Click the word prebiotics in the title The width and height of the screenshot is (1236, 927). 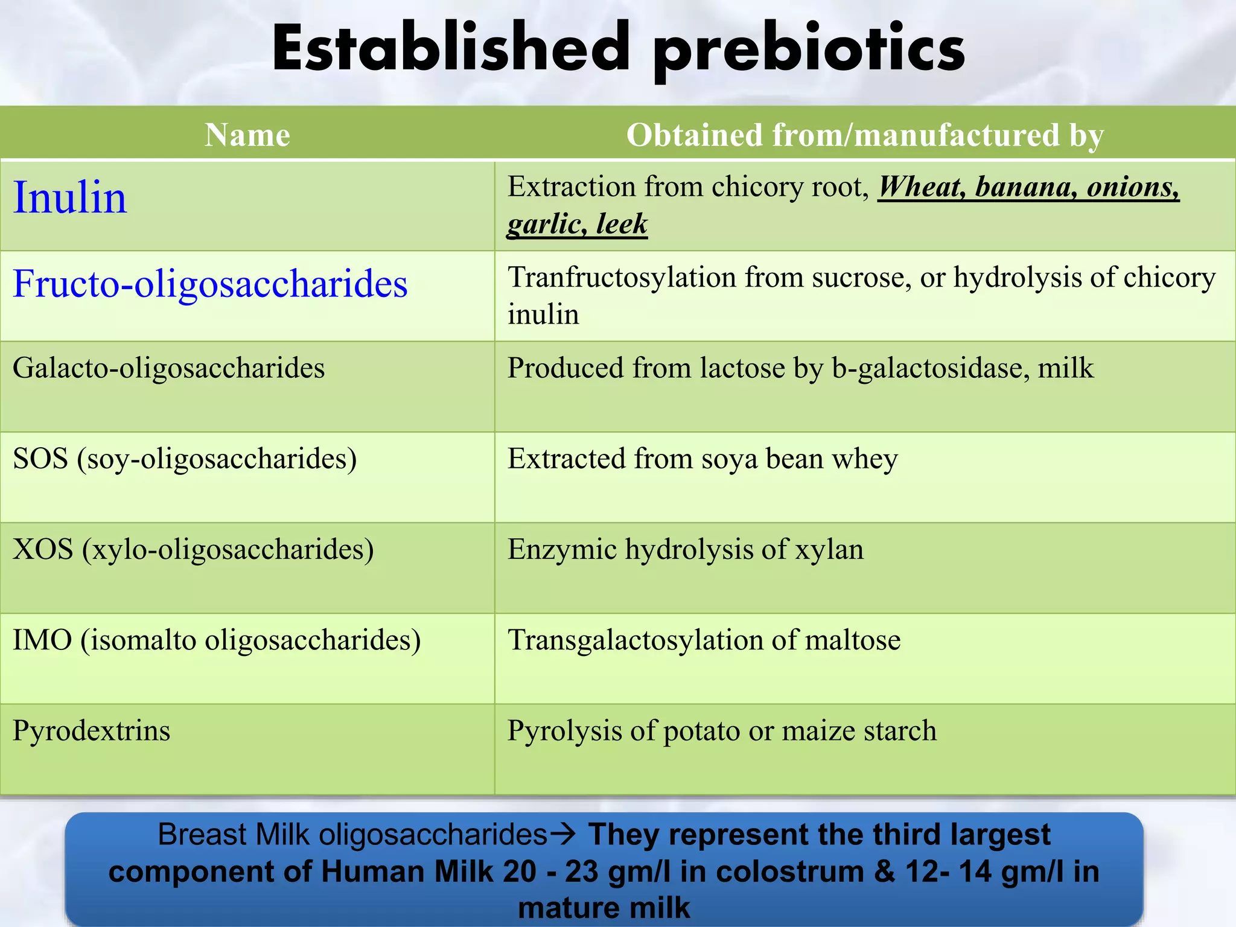click(809, 51)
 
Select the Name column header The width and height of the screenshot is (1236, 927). click(247, 135)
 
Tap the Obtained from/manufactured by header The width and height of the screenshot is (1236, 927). click(865, 135)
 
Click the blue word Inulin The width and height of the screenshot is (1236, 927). click(70, 198)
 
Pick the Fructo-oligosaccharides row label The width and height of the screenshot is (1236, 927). click(210, 284)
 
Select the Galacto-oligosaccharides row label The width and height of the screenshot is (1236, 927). click(168, 368)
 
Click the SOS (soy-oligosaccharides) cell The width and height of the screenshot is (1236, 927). click(185, 459)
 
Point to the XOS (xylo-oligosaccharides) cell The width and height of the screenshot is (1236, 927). click(193, 549)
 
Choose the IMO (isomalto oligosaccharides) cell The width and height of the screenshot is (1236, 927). click(217, 640)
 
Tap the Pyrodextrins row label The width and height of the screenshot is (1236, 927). click(91, 730)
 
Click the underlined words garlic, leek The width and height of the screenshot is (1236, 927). click(577, 224)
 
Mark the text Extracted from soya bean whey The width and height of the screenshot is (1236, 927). click(702, 459)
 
